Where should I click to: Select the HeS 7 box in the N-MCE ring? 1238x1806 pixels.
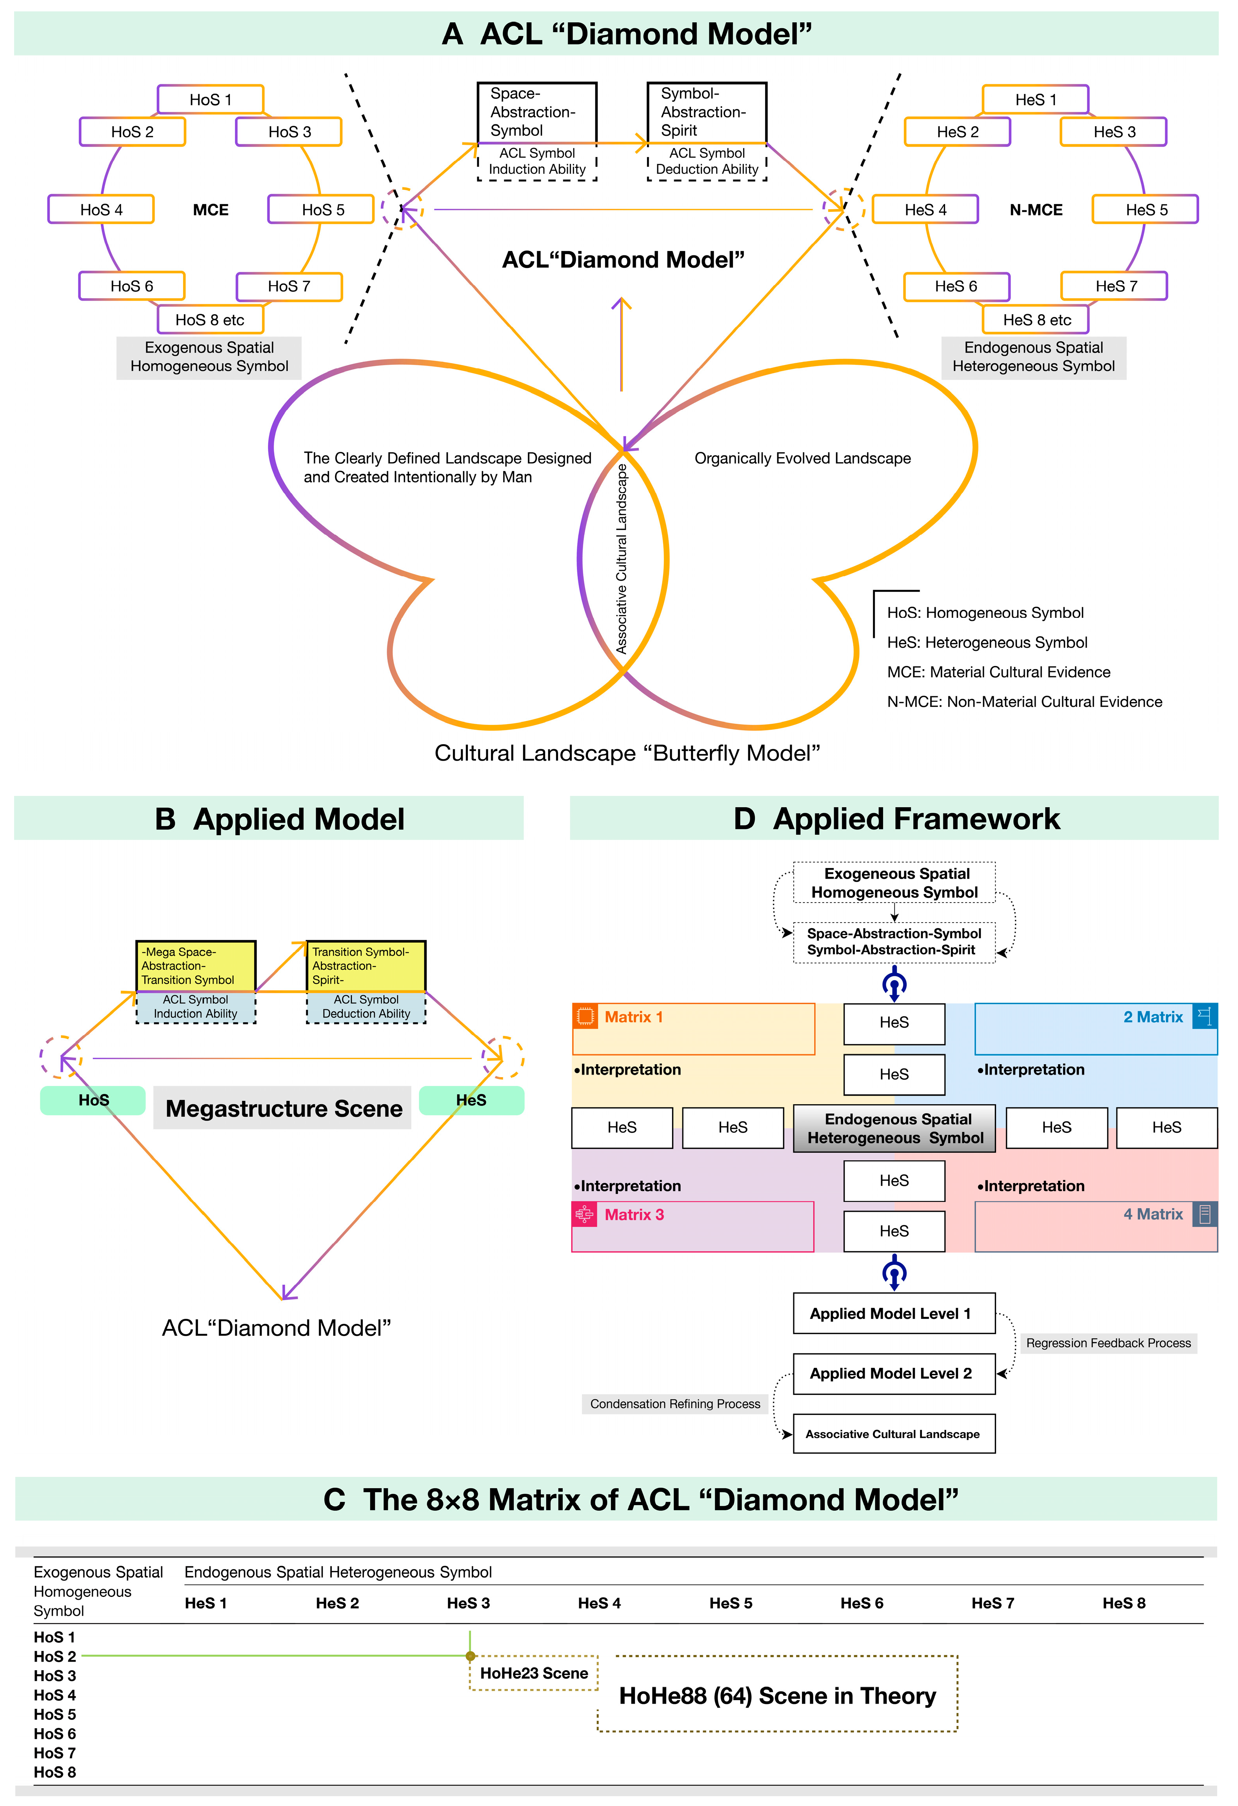(x=1114, y=286)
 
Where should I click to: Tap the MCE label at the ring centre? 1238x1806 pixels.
(x=211, y=210)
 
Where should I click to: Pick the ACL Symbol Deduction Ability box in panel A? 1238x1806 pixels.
(x=707, y=162)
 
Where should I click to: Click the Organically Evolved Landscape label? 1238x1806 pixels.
(x=802, y=459)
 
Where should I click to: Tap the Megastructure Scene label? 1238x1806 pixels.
(x=284, y=1108)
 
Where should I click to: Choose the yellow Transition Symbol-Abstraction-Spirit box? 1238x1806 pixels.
(x=366, y=966)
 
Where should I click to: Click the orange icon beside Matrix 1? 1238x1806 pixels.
(x=585, y=1016)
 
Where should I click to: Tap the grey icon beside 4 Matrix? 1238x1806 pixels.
(x=1205, y=1214)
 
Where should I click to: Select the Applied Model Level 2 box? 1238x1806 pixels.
(x=893, y=1373)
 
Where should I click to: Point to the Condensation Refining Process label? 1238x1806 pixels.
(x=675, y=1404)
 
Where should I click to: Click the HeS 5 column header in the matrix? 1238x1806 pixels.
(x=730, y=1603)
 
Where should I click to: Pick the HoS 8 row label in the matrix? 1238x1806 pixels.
(x=55, y=1772)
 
